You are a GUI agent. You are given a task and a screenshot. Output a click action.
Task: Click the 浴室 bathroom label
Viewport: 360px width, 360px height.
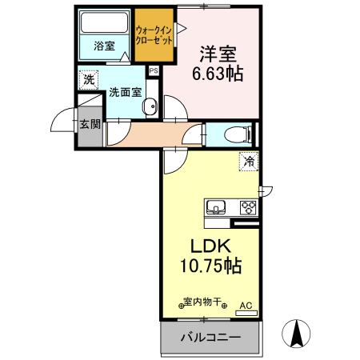point(104,46)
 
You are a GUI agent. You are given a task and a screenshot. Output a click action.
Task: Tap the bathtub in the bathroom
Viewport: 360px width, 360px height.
point(105,22)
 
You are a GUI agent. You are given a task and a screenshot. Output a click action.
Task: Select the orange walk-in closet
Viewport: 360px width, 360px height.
point(154,35)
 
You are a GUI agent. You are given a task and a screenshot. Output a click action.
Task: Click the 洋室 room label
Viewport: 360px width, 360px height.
point(217,54)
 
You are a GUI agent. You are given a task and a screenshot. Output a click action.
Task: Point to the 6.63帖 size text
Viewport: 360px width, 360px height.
point(217,74)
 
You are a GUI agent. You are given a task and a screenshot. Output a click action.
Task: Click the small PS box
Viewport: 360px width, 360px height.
point(153,70)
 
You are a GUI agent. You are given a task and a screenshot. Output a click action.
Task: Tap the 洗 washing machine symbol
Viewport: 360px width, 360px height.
point(88,79)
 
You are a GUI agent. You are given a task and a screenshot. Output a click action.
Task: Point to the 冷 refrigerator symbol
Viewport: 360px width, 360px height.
point(249,162)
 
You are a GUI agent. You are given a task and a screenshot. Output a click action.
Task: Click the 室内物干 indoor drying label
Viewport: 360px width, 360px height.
point(203,303)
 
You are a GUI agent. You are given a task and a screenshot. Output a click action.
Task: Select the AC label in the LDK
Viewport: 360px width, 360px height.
point(246,305)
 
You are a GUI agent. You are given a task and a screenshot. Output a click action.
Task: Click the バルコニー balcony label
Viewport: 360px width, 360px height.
point(210,338)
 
